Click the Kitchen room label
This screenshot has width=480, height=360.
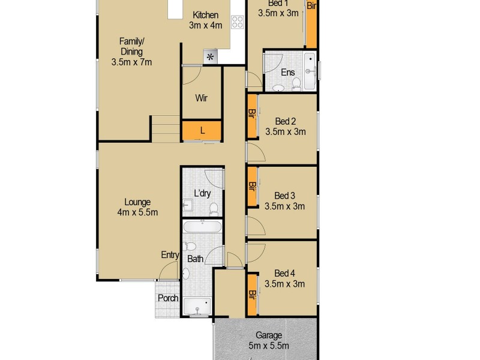pyautogui.click(x=206, y=20)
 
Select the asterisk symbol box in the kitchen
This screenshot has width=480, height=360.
pyautogui.click(x=211, y=56)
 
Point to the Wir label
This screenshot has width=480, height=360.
pyautogui.click(x=202, y=98)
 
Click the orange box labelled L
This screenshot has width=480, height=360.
pyautogui.click(x=202, y=130)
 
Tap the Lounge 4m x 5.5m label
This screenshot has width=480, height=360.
pyautogui.click(x=137, y=207)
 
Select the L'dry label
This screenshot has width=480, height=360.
pyautogui.click(x=202, y=193)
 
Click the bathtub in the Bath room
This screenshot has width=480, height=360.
pyautogui.click(x=202, y=228)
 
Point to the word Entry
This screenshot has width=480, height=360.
pyautogui.click(x=170, y=256)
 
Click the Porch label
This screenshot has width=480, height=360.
pyautogui.click(x=167, y=298)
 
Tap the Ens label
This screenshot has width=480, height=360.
pyautogui.click(x=288, y=73)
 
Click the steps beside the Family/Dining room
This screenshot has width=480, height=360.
pyautogui.click(x=164, y=128)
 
